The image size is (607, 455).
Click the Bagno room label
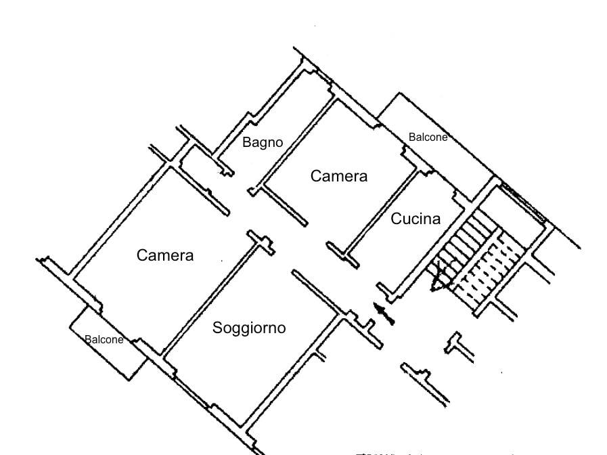pos(263,142)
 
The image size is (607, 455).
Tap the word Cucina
pos(415,219)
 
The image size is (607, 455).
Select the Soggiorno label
pos(249,328)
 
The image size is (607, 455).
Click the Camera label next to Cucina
pos(339,176)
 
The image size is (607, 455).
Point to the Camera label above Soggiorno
pos(165,255)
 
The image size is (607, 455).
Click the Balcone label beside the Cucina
pos(428,137)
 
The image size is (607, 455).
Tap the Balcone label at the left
pos(104,340)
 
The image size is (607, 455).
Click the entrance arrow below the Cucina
pos(384,313)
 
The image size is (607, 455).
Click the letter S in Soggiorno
pos(217,328)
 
